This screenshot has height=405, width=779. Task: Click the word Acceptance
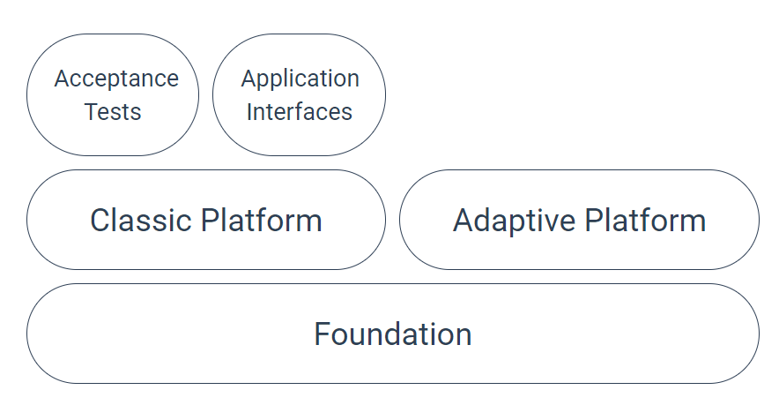[x=116, y=79]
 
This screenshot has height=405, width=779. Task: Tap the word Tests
[x=113, y=113]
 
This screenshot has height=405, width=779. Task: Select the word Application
[x=300, y=79]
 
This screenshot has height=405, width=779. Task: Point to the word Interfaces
[x=300, y=113]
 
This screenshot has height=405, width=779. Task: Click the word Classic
[x=140, y=220]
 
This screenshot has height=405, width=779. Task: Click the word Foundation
[x=393, y=334]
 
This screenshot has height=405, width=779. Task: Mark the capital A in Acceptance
[x=62, y=79]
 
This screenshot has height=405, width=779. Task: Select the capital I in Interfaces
[x=250, y=113]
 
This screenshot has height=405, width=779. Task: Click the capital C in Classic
[x=100, y=220]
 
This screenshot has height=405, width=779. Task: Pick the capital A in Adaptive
[x=464, y=220]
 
